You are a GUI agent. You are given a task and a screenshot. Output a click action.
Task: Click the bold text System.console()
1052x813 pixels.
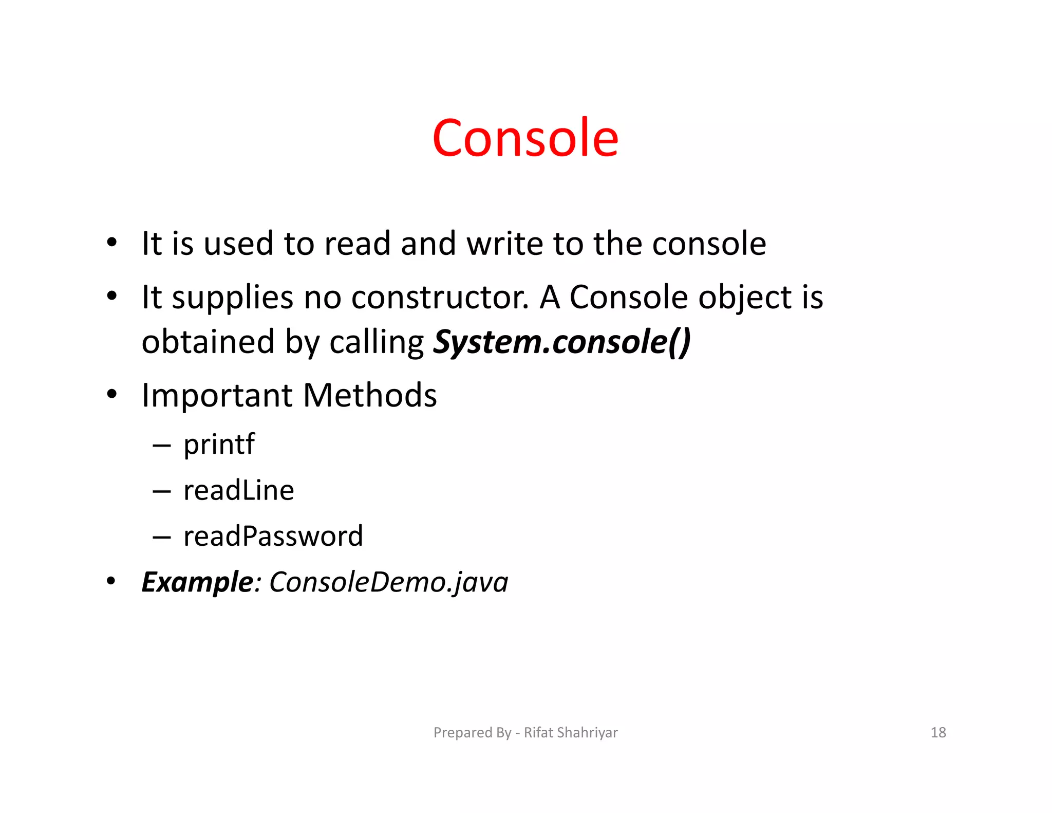(562, 342)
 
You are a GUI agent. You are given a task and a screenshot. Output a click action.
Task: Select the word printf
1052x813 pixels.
(219, 444)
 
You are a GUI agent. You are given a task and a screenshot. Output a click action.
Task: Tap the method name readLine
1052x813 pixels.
(239, 490)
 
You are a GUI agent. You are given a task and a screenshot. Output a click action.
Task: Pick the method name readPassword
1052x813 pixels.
(273, 537)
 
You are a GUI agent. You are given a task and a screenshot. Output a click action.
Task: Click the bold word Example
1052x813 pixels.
(197, 582)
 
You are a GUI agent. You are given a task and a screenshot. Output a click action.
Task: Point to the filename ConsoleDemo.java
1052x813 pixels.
(389, 582)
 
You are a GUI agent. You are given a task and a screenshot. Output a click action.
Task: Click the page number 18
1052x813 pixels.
(938, 732)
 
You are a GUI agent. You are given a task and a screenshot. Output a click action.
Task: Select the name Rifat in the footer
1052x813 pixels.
(538, 732)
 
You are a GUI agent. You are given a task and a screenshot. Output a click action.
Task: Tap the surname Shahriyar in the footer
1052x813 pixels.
(587, 732)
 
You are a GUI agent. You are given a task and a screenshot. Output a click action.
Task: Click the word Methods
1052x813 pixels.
(370, 395)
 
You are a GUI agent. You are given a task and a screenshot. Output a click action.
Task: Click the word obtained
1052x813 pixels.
(208, 342)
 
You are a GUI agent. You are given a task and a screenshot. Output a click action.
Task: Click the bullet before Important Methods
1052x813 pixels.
(112, 395)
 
